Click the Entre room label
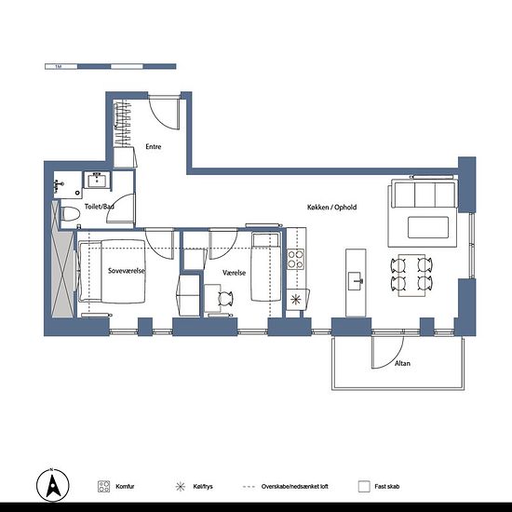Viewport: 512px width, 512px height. pos(154,146)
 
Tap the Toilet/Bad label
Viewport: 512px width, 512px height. pos(100,207)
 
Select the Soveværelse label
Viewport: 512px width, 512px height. pos(127,271)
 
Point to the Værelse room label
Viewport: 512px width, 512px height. pos(234,273)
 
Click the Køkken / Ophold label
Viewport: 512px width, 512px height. pos(331,207)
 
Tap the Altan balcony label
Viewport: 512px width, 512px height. pos(402,363)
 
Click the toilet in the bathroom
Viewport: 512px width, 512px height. pos(70,214)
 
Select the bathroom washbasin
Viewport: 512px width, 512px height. pos(98,180)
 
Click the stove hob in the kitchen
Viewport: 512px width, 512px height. pos(295,260)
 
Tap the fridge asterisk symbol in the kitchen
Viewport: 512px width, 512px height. pos(295,300)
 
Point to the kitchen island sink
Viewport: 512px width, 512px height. pos(356,281)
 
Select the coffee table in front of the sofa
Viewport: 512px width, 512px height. pos(428,227)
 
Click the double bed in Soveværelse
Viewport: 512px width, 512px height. pos(112,271)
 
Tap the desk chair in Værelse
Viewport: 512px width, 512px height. pos(225,299)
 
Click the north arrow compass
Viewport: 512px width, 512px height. pos(52,485)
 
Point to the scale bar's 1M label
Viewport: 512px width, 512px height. pos(59,67)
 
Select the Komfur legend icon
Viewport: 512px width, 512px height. pos(104,487)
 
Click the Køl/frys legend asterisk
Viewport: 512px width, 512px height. pos(181,487)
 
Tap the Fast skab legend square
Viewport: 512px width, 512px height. pos(364,487)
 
